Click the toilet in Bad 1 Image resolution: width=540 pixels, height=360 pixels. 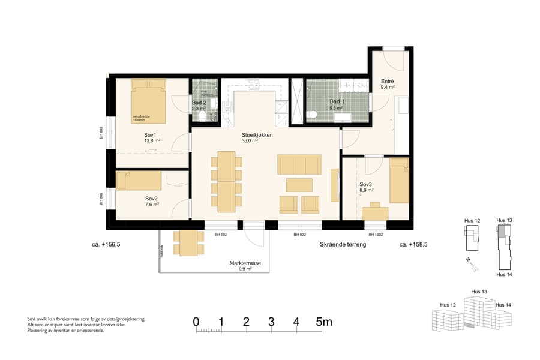tap(311, 115)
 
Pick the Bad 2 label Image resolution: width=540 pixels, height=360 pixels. tap(199, 103)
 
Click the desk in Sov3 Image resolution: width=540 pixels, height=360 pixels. tap(375, 212)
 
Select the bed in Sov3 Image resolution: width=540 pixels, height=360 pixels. tap(398, 180)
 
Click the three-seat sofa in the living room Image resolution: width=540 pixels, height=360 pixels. tap(299, 164)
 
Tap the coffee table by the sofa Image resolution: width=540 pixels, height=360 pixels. tap(299, 184)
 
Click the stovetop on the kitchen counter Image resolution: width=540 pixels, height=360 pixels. tap(252, 85)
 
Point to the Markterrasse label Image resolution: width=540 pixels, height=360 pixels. tap(244, 263)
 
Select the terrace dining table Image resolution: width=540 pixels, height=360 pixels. tap(188, 243)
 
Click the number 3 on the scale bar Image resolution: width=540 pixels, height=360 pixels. tap(271, 322)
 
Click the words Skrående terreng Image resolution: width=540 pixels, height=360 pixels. tap(343, 245)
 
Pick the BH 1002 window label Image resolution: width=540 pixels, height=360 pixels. tap(376, 235)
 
